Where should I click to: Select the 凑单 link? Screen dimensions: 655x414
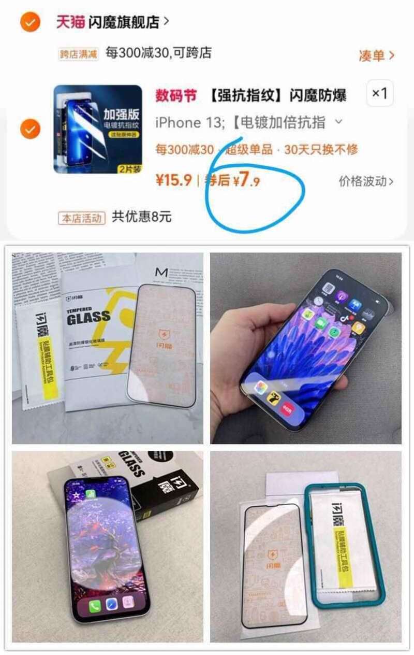coord(376,55)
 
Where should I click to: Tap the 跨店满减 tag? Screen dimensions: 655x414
coord(79,53)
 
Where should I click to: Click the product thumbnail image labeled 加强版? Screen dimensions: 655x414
coord(98,129)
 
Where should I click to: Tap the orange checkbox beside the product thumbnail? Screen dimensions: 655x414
coord(30,129)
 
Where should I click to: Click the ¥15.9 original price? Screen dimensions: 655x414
coord(173,180)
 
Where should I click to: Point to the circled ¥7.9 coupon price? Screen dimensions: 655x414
coord(246,181)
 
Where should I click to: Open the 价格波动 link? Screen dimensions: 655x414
coord(366,181)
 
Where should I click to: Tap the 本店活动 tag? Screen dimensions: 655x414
coord(82,218)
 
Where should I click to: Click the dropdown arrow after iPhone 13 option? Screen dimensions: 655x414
coord(339,122)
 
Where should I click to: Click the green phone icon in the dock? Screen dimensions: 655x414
coord(95,607)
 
